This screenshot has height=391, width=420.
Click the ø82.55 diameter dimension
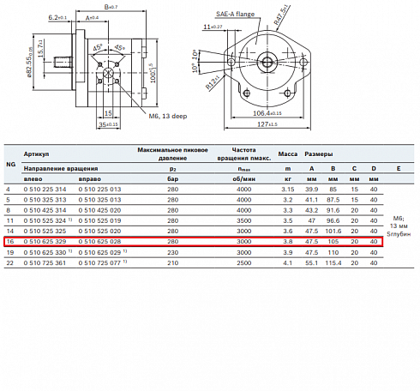tap(55, 67)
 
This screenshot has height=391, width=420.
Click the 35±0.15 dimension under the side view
tap(107, 125)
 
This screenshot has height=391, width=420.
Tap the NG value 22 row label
tap(9, 264)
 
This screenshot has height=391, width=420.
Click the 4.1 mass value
tap(288, 264)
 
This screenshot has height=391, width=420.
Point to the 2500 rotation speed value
tap(245, 264)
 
